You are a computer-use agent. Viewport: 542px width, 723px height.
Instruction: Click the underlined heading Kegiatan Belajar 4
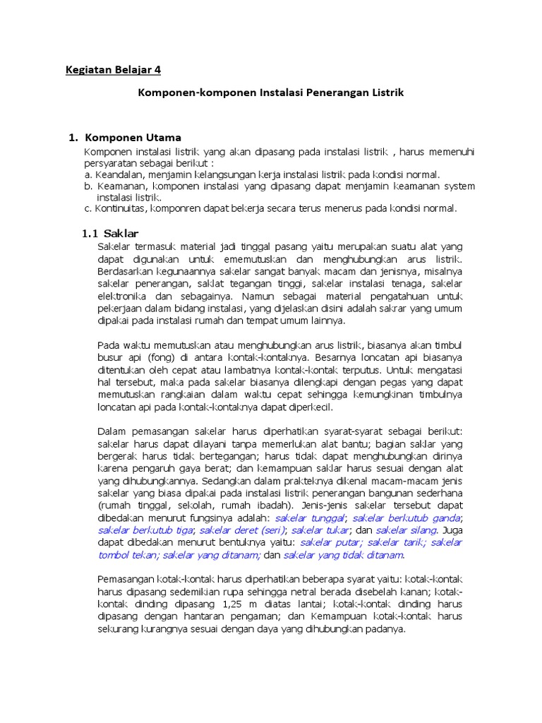pyautogui.click(x=119, y=70)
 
